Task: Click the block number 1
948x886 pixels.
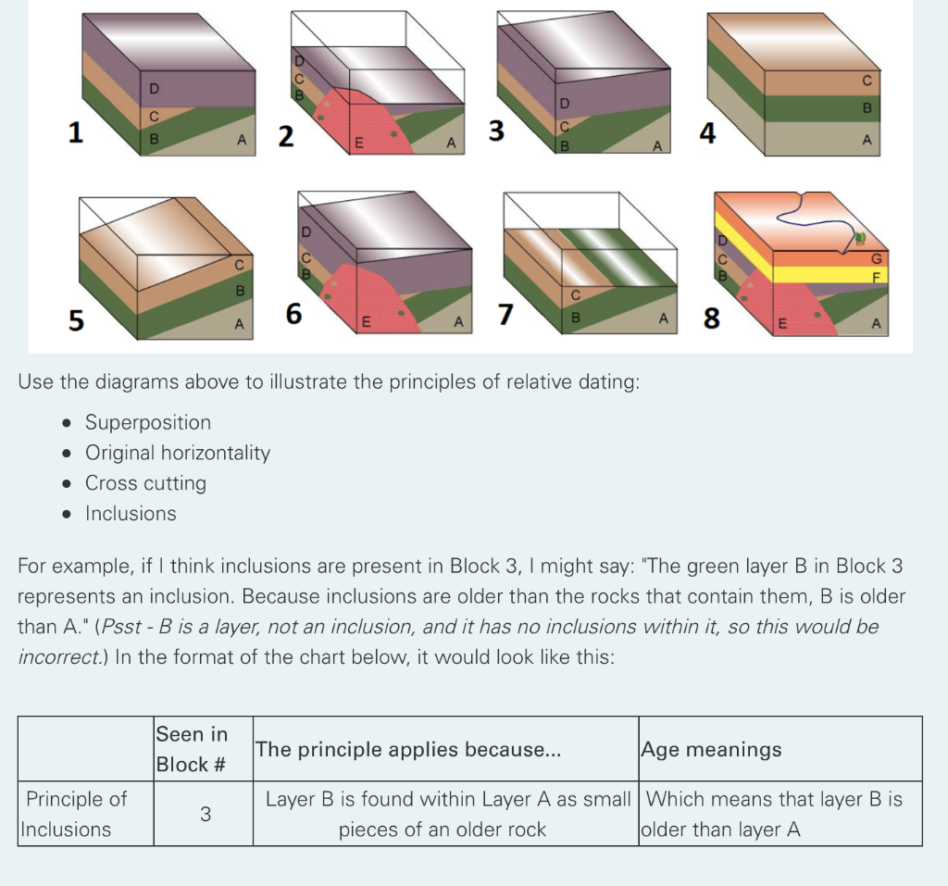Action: [x=75, y=132]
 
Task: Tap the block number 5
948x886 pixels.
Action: [x=76, y=320]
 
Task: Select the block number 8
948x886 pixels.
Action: [x=712, y=318]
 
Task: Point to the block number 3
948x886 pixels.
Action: [x=496, y=131]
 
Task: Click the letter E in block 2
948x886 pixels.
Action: [x=358, y=144]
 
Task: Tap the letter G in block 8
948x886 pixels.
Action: [x=876, y=259]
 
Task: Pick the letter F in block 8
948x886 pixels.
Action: [x=877, y=277]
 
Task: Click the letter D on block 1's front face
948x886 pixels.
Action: [x=155, y=89]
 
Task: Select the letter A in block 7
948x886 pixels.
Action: [x=663, y=318]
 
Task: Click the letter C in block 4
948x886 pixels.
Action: [x=867, y=81]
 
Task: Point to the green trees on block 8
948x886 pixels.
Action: [x=859, y=239]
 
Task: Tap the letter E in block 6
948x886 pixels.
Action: [x=366, y=322]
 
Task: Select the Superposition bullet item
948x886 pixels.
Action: [x=148, y=422]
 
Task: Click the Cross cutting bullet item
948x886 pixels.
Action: [x=145, y=482]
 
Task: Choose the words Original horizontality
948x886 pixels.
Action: [x=178, y=453]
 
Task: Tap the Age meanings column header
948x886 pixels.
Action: [x=711, y=749]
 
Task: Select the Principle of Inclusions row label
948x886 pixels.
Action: [x=74, y=814]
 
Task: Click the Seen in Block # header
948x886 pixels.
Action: [x=192, y=749]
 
